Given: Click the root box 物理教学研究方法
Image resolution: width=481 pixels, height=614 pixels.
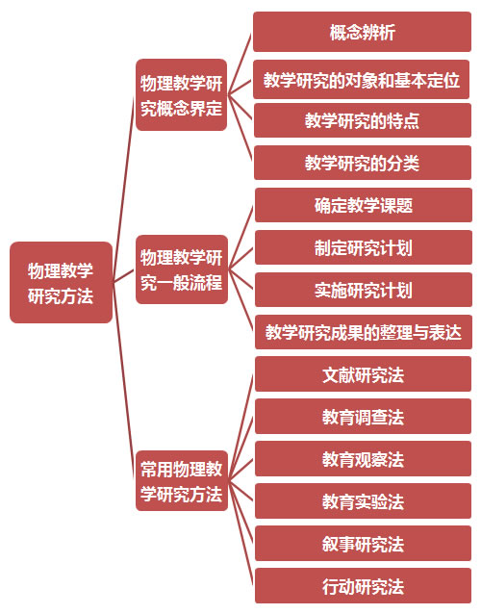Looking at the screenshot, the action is click(x=61, y=282).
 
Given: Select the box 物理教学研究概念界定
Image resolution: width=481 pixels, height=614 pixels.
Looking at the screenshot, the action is click(x=181, y=94).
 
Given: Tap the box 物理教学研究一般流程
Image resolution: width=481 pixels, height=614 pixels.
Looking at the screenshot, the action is click(x=182, y=269).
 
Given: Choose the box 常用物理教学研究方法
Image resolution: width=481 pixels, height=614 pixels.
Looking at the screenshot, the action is click(x=182, y=481).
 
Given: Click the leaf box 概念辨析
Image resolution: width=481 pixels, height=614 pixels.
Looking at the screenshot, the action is click(x=362, y=32).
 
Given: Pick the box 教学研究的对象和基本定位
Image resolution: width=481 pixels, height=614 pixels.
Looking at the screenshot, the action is click(x=362, y=80).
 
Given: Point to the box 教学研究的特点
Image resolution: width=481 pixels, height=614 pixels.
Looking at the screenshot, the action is click(x=363, y=120).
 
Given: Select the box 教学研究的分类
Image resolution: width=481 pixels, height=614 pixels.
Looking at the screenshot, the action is click(x=363, y=163).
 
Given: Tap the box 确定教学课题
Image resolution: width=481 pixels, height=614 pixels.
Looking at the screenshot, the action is click(x=364, y=205).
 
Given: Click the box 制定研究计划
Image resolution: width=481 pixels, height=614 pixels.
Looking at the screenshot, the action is click(x=364, y=247).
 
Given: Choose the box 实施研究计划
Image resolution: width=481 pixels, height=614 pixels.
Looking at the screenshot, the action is click(x=364, y=290).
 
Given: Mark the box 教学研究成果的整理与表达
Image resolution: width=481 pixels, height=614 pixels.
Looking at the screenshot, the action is click(x=364, y=332).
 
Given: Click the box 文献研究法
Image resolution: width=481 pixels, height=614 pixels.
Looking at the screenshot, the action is click(x=364, y=374).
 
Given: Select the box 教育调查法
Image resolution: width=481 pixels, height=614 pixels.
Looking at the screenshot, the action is click(x=364, y=417).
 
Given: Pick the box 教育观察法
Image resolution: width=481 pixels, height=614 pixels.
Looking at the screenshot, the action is click(x=364, y=458).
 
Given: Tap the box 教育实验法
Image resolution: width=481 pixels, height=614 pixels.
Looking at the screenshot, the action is click(x=364, y=501).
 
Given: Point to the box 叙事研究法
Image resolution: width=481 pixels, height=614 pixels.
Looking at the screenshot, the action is click(x=364, y=544).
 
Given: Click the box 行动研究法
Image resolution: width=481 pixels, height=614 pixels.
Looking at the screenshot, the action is click(x=364, y=586).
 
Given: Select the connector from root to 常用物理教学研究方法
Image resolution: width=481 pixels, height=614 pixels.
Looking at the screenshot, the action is click(x=124, y=381).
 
